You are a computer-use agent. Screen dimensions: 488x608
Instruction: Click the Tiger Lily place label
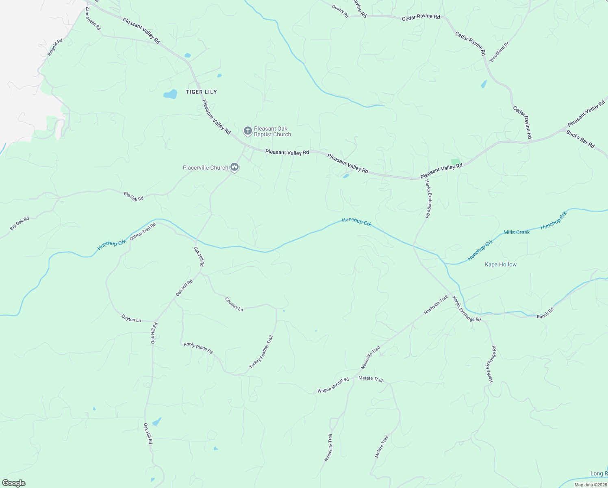201,92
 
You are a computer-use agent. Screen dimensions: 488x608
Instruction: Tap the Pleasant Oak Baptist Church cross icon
248,131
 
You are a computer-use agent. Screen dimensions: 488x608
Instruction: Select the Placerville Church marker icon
234,167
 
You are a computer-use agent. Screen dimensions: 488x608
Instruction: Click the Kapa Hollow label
501,264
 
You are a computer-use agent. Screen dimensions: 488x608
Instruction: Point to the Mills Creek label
517,232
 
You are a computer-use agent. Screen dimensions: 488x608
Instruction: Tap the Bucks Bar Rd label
580,139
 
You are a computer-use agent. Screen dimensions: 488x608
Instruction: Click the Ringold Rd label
55,47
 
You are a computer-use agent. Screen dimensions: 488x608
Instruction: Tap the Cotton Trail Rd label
143,231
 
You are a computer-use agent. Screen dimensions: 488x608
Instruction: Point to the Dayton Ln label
131,319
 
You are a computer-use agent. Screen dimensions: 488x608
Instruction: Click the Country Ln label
234,304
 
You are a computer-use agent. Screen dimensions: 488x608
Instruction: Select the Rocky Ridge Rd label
198,348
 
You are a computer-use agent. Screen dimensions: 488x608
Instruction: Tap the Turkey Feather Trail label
261,352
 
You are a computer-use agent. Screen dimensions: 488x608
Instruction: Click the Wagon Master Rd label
333,385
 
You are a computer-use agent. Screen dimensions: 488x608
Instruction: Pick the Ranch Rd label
545,314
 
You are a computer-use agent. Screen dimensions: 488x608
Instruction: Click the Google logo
14,483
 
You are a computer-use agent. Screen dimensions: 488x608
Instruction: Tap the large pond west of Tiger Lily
170,95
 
